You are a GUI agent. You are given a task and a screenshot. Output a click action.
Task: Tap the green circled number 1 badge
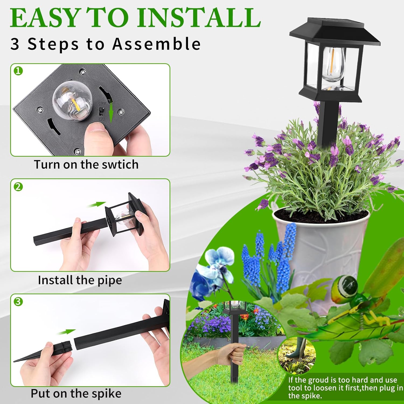pyautogui.click(x=18, y=71)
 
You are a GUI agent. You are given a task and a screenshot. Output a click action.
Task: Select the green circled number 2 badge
pyautogui.click(x=18, y=186)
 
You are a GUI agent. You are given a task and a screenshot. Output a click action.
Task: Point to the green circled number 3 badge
pyautogui.click(x=18, y=301)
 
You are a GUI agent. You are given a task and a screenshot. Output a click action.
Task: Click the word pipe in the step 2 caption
pyautogui.click(x=109, y=280)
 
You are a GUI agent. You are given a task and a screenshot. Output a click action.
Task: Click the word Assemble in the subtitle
pyautogui.click(x=156, y=44)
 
